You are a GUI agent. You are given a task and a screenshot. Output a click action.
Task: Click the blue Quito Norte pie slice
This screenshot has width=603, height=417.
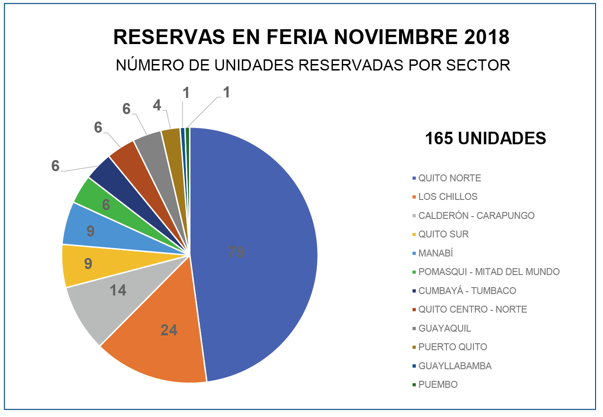pyautogui.click(x=260, y=223)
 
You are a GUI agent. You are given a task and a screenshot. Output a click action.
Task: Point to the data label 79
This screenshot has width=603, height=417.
pyautogui.click(x=236, y=252)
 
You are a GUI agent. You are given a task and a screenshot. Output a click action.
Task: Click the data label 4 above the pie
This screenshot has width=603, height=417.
pyautogui.click(x=157, y=106)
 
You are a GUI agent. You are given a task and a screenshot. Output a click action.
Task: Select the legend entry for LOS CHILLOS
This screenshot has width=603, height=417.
pyautogui.click(x=447, y=197)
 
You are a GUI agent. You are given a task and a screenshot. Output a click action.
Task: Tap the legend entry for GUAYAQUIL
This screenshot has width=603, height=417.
pyautogui.click(x=444, y=328)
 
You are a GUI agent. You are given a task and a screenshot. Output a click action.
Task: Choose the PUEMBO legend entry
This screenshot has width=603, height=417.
pyautogui.click(x=438, y=385)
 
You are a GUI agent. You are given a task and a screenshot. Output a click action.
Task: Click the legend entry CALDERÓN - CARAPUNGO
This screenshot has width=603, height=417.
pyautogui.click(x=476, y=216)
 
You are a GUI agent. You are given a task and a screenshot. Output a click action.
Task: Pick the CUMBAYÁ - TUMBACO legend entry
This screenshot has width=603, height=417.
pyautogui.click(x=467, y=291)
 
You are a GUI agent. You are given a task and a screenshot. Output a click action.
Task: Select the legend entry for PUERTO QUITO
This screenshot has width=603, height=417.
pyautogui.click(x=452, y=347)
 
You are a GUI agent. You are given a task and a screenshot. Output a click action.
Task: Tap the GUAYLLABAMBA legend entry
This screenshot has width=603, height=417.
pyautogui.click(x=454, y=366)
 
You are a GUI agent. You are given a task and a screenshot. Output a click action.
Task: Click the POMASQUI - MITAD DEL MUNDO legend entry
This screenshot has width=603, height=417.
pyautogui.click(x=489, y=272)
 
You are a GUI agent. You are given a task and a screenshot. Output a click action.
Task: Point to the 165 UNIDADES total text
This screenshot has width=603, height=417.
pyautogui.click(x=485, y=138)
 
